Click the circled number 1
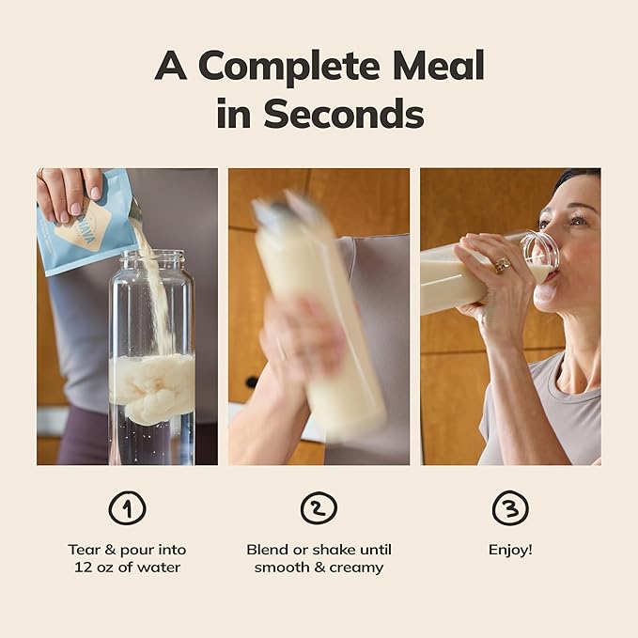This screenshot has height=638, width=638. click(128, 507)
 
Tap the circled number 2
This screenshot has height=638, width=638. click(319, 507)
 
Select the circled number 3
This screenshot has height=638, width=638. click(510, 507)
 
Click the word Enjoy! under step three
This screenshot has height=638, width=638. click(510, 550)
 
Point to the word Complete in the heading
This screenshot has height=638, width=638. click(288, 67)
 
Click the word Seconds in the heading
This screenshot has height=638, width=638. click(344, 113)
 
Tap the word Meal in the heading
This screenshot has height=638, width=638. click(439, 65)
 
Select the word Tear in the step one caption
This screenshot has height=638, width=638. click(85, 550)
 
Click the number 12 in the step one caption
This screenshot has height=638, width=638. click(83, 568)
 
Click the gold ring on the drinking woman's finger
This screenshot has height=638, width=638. click(503, 265)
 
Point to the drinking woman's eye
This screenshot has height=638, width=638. click(577, 221)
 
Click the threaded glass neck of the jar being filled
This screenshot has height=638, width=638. click(152, 260)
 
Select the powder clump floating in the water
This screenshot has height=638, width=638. click(152, 386)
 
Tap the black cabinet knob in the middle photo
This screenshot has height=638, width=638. click(252, 382)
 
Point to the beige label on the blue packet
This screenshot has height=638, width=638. click(84, 228)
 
